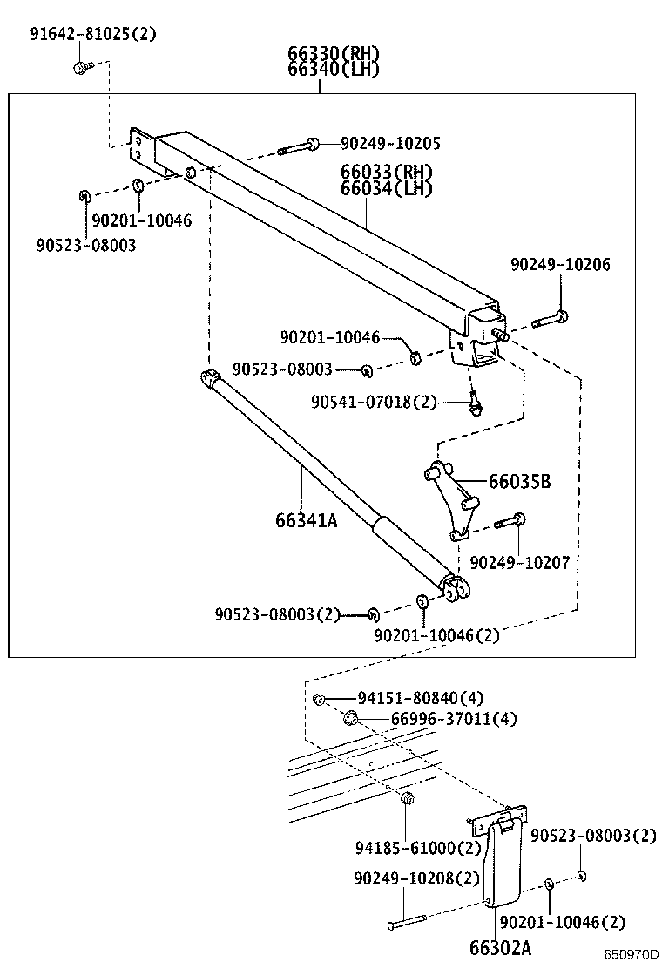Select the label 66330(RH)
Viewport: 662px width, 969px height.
[x=334, y=54]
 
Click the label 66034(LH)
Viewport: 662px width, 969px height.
[x=387, y=188]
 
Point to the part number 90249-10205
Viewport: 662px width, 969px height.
[x=390, y=144]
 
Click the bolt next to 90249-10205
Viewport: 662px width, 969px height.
[x=299, y=146]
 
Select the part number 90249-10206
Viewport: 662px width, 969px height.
[x=560, y=265]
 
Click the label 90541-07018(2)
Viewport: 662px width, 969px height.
[x=374, y=402]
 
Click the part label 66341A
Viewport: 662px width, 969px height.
[x=306, y=520]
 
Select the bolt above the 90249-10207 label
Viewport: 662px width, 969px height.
[x=510, y=523]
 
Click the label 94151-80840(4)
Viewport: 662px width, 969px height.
[x=421, y=698]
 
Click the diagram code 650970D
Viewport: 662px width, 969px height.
[x=632, y=957]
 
